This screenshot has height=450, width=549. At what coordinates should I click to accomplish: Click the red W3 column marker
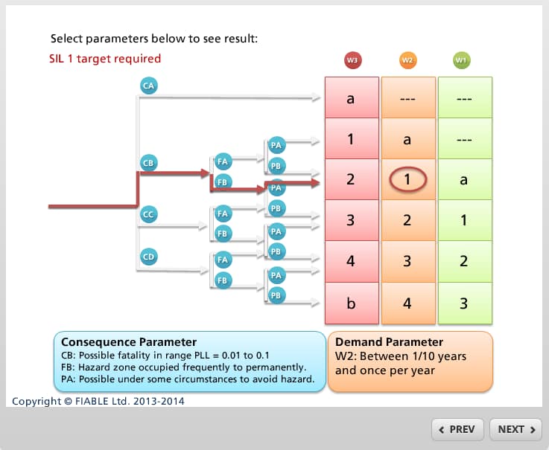click(x=352, y=60)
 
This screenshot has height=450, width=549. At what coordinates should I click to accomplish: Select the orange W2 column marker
click(x=407, y=60)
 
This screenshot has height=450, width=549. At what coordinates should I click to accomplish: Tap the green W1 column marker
click(x=461, y=60)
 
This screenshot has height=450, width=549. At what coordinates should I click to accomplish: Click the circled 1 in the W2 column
click(x=407, y=179)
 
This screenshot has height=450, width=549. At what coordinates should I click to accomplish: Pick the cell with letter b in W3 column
click(x=352, y=303)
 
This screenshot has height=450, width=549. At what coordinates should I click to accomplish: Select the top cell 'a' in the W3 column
click(x=352, y=97)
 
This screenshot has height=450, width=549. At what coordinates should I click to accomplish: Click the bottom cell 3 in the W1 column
click(x=465, y=303)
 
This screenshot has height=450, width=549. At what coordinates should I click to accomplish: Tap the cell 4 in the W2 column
click(x=408, y=303)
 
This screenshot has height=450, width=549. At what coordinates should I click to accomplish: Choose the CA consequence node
click(x=149, y=86)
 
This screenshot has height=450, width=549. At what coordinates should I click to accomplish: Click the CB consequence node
click(x=148, y=163)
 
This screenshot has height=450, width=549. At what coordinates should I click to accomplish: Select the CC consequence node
click(x=148, y=214)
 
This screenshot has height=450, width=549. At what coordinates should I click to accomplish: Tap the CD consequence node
click(x=148, y=257)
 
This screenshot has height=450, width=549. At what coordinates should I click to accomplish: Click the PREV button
click(x=457, y=429)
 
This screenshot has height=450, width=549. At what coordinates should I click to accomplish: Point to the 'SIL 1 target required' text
click(x=105, y=59)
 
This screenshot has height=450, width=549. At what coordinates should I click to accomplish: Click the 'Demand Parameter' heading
click(x=389, y=341)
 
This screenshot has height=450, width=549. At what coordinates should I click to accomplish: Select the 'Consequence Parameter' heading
click(x=129, y=341)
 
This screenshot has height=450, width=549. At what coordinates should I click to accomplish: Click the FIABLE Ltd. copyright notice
click(x=98, y=401)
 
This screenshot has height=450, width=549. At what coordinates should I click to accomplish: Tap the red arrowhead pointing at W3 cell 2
click(x=315, y=182)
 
